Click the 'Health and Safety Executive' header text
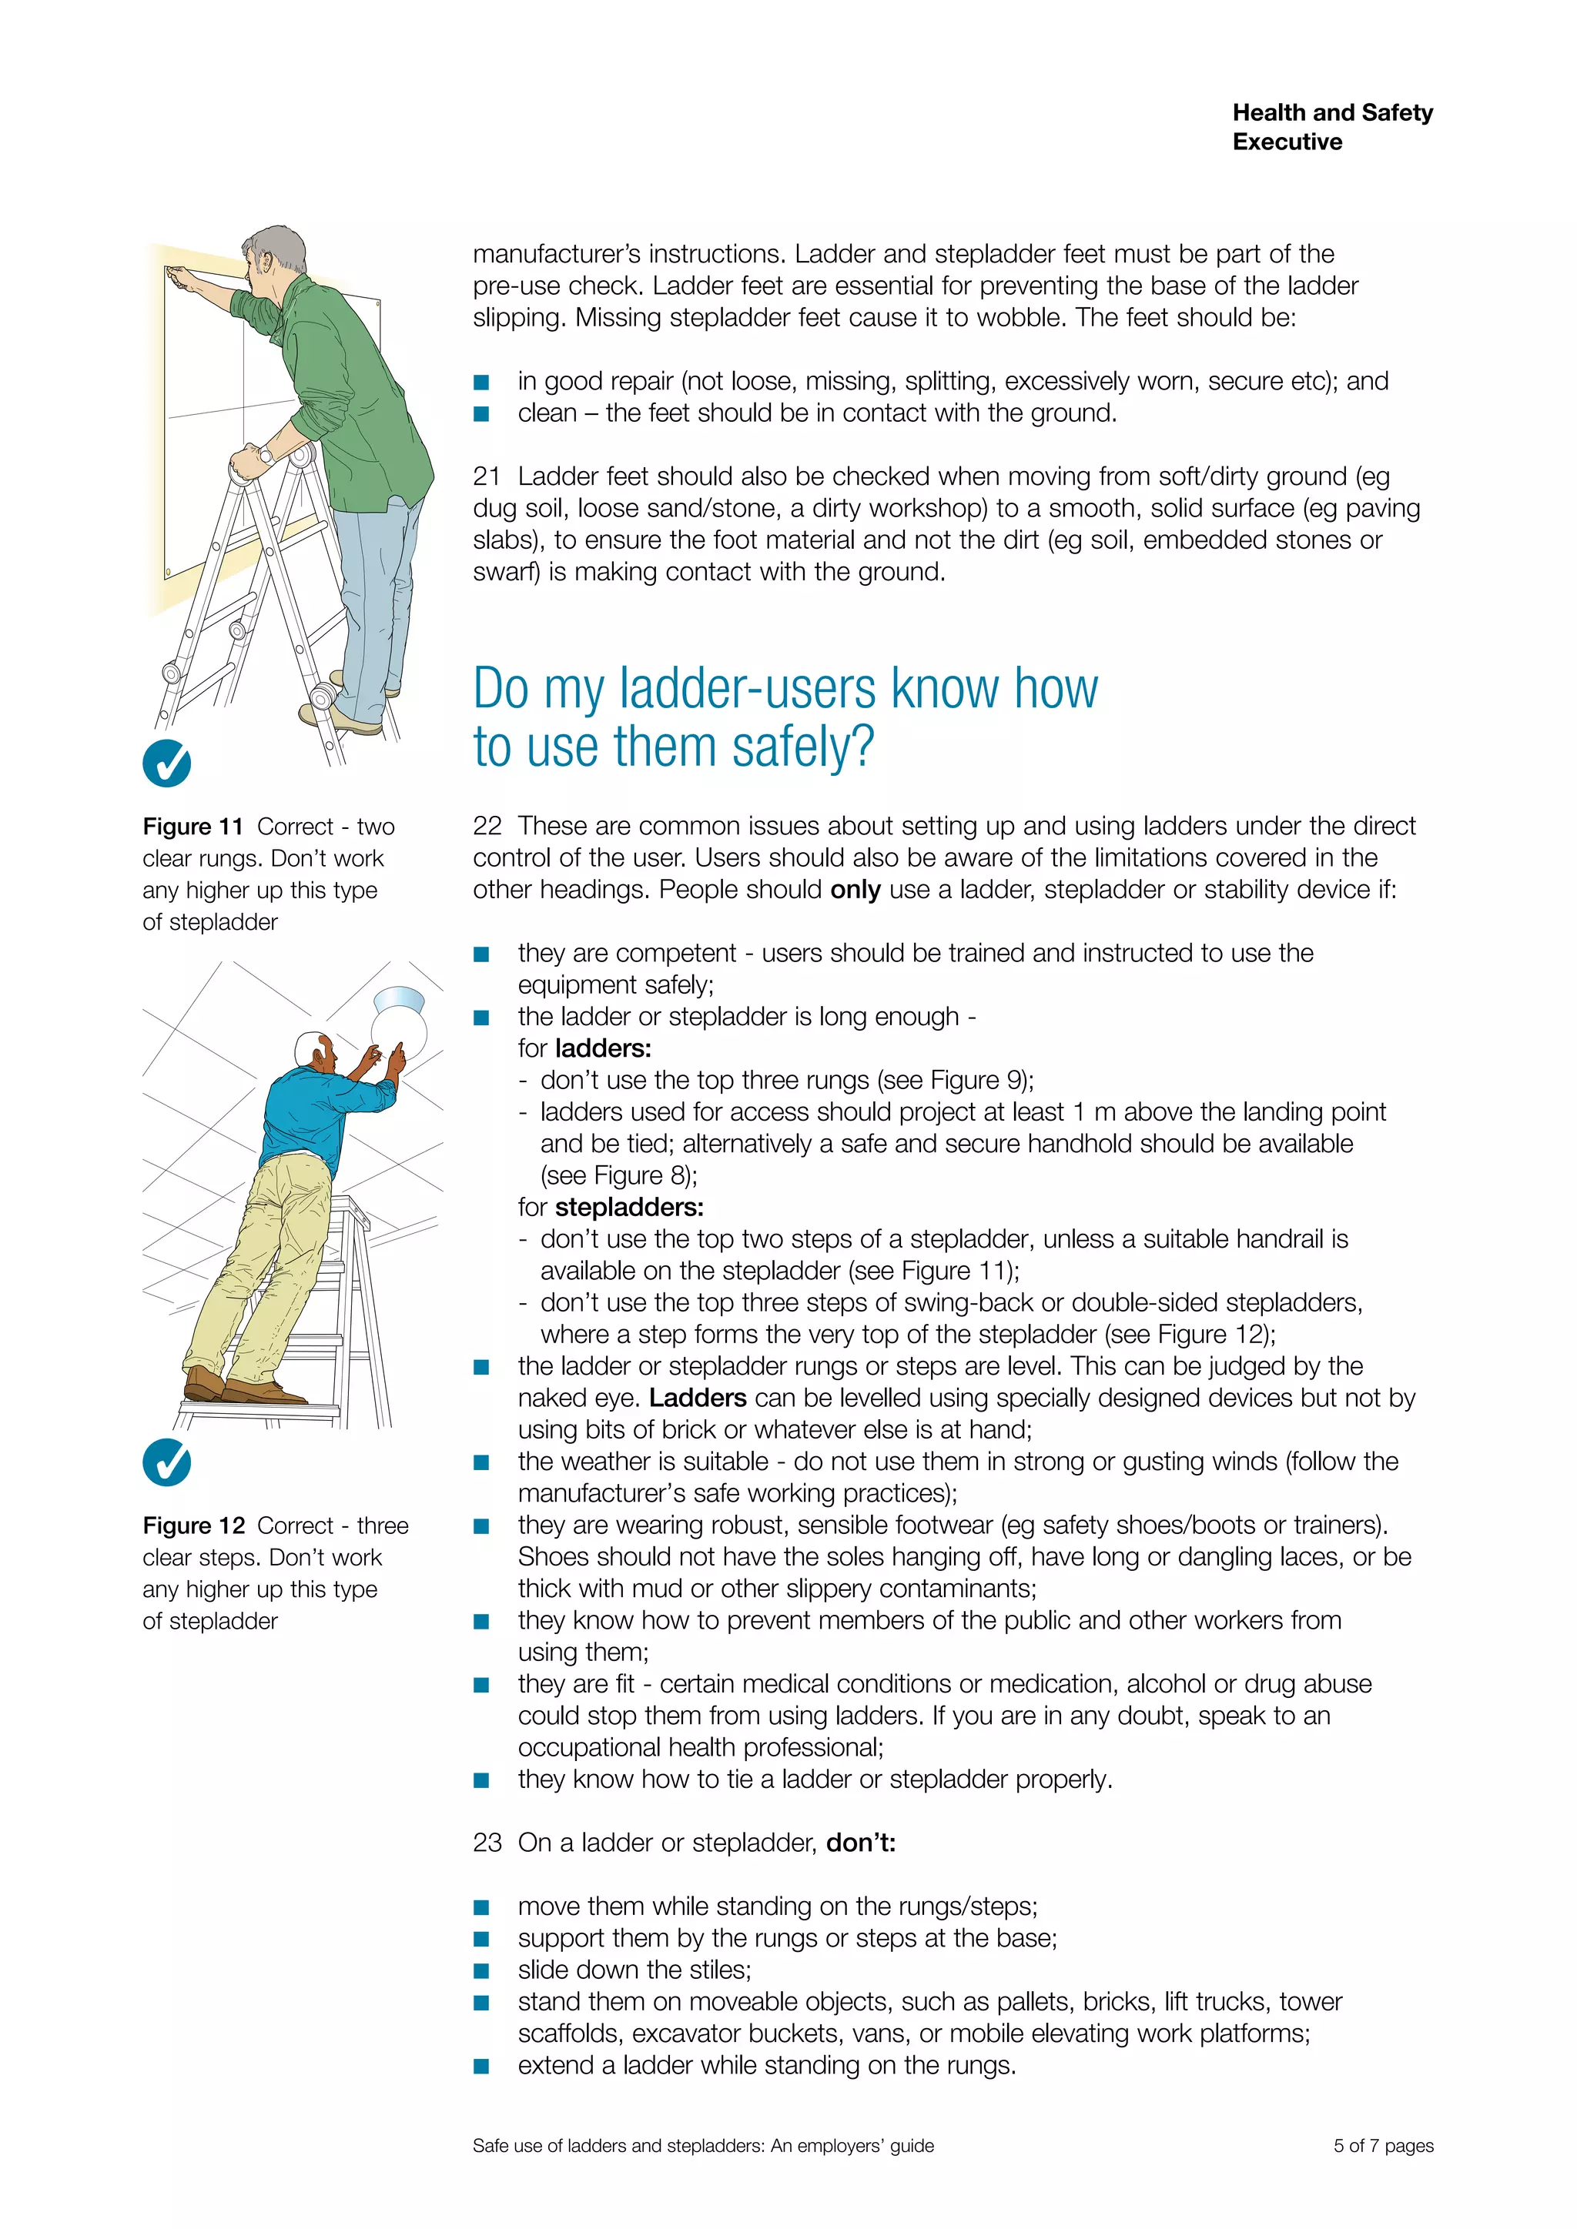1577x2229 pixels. tap(1331, 126)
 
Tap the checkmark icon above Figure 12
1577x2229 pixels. tap(166, 1462)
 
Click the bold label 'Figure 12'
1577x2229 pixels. tap(193, 1526)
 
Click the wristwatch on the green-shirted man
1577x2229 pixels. tap(265, 454)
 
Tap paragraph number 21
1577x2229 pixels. tap(487, 476)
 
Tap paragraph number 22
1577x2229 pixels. tap(487, 826)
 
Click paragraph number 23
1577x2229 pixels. tap(487, 1843)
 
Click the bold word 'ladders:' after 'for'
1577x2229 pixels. tap(603, 1048)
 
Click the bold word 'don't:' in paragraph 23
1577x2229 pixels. tap(860, 1843)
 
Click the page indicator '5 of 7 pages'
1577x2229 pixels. tap(1383, 2146)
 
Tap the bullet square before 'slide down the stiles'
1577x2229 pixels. tap(480, 1970)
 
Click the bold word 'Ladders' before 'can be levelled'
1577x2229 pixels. tap(697, 1398)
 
